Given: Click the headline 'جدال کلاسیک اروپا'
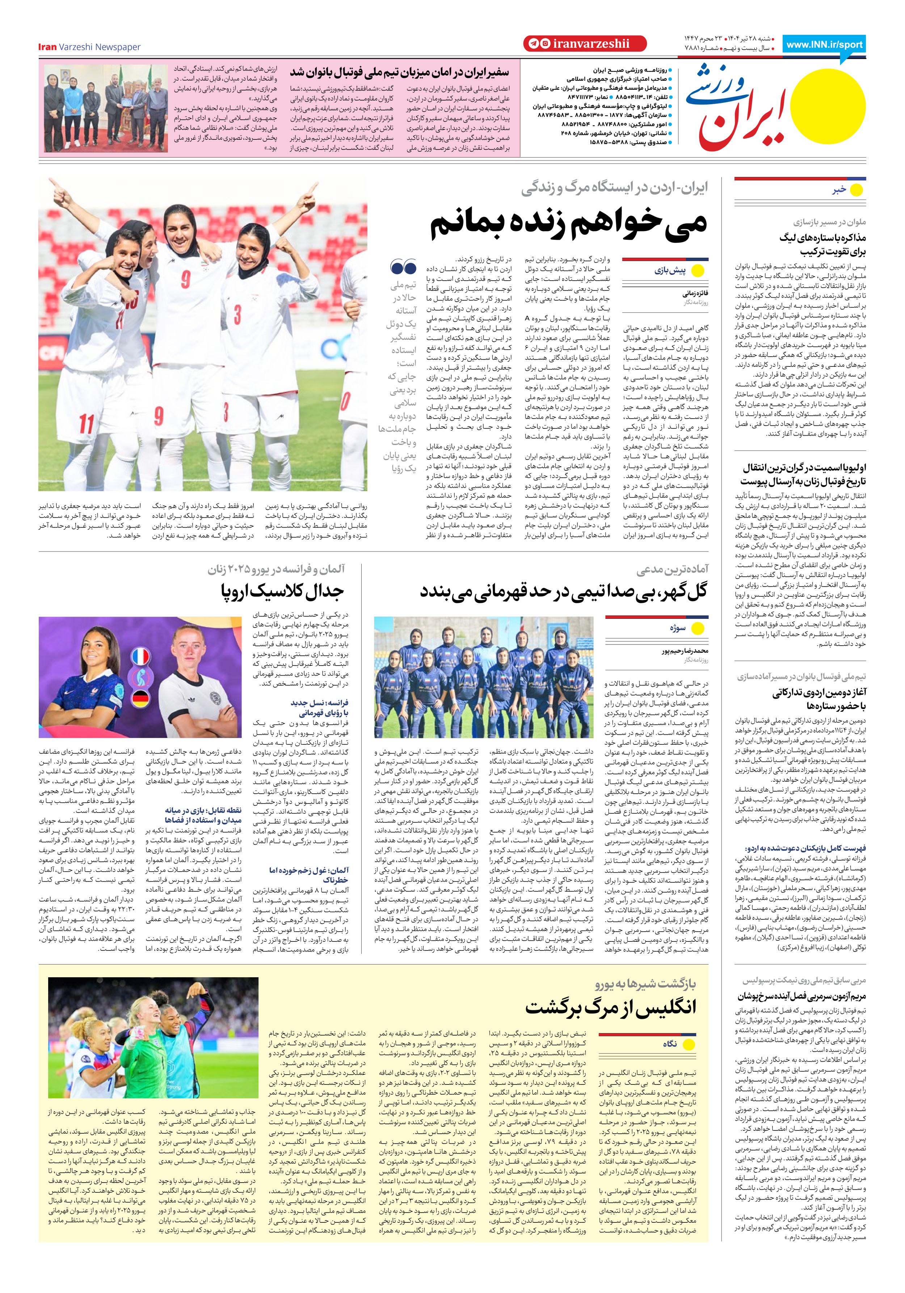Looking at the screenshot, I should pyautogui.click(x=282, y=591).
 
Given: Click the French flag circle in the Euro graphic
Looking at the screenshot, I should pyautogui.click(x=140, y=656).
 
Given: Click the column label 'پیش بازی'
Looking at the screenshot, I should pyautogui.click(x=670, y=270).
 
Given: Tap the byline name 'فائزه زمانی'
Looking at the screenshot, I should pyautogui.click(x=695, y=293).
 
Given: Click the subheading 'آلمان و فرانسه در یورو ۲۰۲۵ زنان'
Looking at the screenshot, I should pyautogui.click(x=276, y=569).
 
